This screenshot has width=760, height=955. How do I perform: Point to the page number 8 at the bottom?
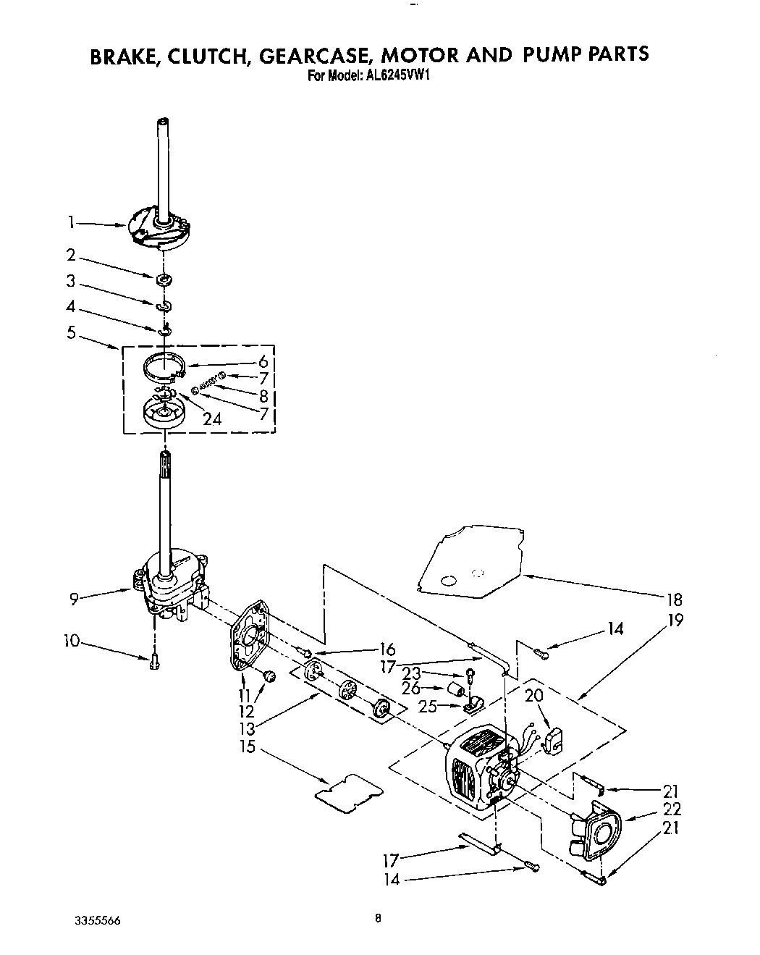pyautogui.click(x=378, y=918)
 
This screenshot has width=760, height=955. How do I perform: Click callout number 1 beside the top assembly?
pyautogui.click(x=71, y=223)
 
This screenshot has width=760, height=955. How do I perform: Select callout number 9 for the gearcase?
pyautogui.click(x=74, y=598)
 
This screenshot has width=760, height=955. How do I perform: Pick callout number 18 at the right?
pyautogui.click(x=675, y=599)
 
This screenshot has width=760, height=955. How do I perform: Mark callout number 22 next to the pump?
pyautogui.click(x=672, y=809)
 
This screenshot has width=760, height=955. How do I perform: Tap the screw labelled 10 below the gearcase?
pyautogui.click(x=153, y=662)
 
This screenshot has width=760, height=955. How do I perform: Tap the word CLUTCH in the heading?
pyautogui.click(x=204, y=56)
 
